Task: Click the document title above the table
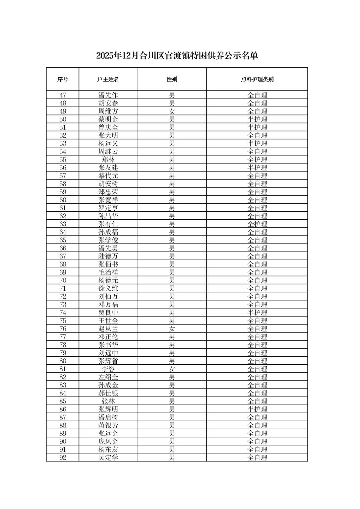177,56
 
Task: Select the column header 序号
63,79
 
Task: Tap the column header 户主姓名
108,79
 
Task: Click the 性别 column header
172,79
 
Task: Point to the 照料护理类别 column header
257,79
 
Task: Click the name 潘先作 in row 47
108,95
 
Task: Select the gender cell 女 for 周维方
172,111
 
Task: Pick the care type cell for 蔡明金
257,119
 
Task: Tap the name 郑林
108,160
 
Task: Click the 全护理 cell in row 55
257,160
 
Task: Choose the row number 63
63,224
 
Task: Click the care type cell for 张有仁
257,224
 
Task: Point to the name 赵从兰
108,329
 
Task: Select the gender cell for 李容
172,369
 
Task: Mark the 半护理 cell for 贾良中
257,313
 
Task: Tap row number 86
63,409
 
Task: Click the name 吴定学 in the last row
108,458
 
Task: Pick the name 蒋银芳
108,425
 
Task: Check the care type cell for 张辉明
257,409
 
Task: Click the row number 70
63,280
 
